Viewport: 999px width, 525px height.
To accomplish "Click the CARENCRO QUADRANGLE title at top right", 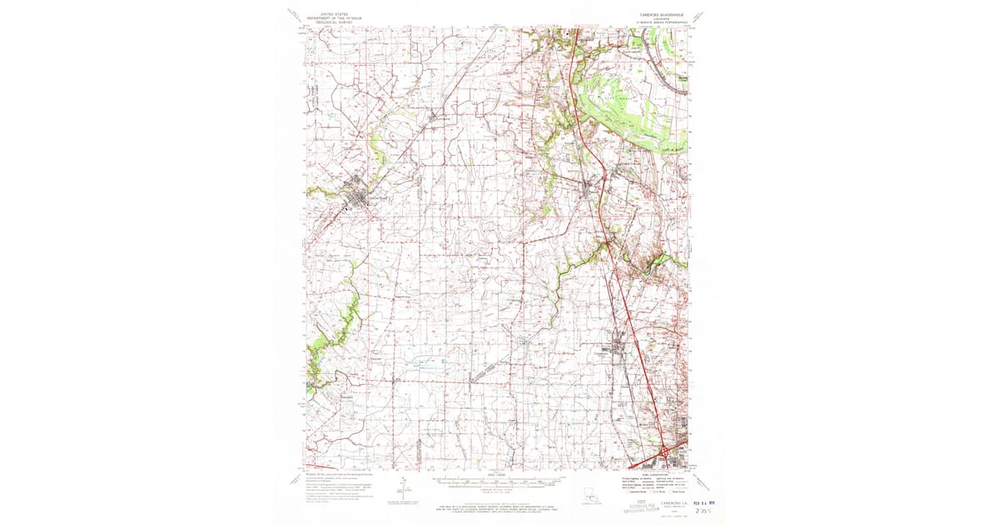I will [660, 14].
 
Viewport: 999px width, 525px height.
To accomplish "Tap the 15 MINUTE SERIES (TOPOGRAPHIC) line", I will [660, 22].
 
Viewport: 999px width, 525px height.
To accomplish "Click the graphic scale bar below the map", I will [498, 482].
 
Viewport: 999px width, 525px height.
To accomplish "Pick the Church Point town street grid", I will [360, 197].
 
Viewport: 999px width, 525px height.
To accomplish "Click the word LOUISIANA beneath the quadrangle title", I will [660, 18].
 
